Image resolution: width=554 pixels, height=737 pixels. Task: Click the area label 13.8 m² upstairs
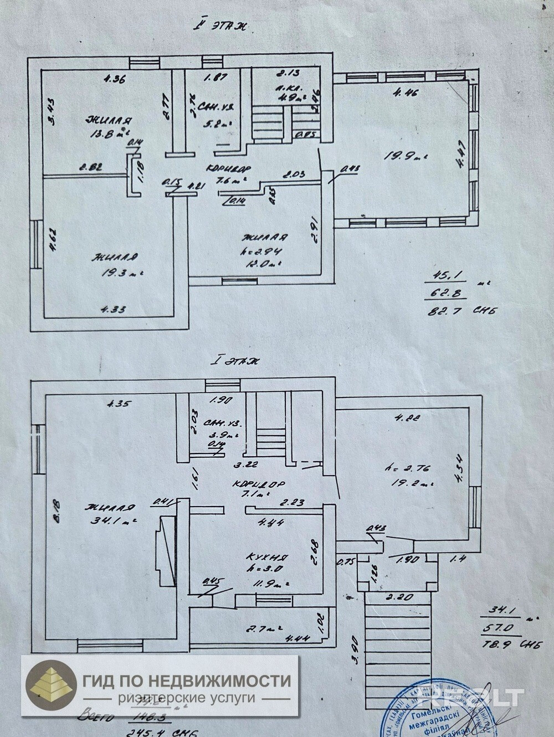pos(110,133)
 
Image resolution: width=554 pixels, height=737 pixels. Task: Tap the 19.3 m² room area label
pos(117,272)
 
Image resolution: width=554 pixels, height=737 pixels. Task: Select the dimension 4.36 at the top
pos(113,79)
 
